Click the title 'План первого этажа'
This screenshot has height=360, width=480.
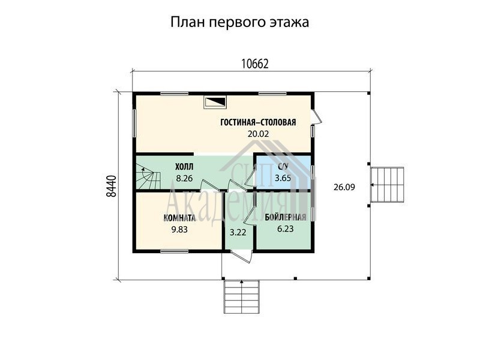pos(239,23)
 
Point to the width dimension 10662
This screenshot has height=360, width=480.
pos(254,64)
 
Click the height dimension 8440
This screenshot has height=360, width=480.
pos(112,186)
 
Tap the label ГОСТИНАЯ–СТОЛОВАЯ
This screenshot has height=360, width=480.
pos(258,122)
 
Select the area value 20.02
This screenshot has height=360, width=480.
pos(258,134)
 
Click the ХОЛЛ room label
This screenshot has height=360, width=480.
pos(184,167)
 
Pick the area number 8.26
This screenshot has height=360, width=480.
pos(184,178)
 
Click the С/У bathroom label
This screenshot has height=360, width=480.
pos(283,167)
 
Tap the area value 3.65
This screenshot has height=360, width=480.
pos(283,178)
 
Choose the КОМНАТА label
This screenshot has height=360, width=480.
pos(179,218)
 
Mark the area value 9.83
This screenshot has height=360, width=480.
pos(179,229)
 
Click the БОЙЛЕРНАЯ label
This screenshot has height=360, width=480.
pos(286,217)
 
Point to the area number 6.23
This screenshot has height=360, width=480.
pos(286,229)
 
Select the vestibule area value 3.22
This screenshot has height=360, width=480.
pos(238,232)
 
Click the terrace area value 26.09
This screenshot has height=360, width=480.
pos(344,187)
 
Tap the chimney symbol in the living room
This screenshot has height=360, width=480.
pos(215,102)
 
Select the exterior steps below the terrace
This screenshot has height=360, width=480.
pos(242,296)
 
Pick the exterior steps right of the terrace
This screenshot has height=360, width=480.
pos(387,185)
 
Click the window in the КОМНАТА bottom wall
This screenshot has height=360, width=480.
pos(175,251)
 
